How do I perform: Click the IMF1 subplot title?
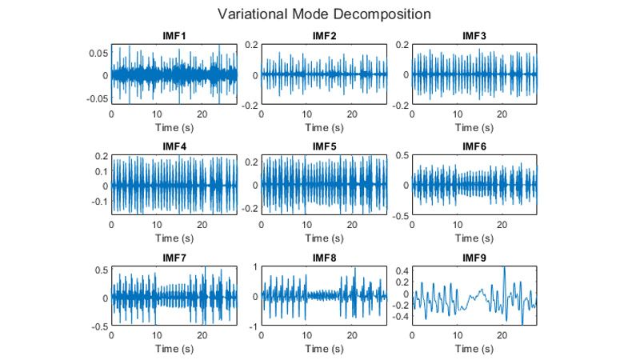click(x=174, y=37)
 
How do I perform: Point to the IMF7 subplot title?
click(x=174, y=258)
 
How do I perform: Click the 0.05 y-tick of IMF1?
click(x=98, y=53)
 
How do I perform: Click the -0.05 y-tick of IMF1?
click(x=96, y=98)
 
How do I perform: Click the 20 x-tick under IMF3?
click(x=502, y=114)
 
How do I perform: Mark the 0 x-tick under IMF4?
click(x=112, y=225)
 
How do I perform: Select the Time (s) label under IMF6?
click(x=474, y=238)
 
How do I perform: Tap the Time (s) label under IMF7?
click(x=174, y=349)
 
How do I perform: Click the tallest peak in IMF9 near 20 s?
click(x=504, y=267)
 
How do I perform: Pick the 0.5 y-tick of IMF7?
click(x=101, y=270)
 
